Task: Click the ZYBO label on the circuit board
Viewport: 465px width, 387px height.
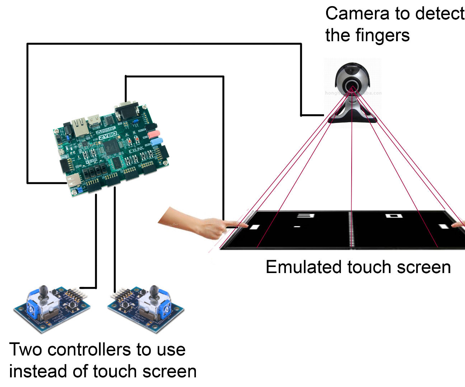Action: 108,135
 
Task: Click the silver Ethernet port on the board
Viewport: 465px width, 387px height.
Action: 80,127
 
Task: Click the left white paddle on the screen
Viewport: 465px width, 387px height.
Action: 254,226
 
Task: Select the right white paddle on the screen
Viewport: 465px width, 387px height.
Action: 444,226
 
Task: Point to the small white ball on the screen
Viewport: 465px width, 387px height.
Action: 297,226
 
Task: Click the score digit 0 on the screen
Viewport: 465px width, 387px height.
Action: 393,216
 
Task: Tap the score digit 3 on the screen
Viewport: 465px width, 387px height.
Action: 306,216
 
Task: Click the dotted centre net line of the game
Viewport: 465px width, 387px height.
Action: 351,229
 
